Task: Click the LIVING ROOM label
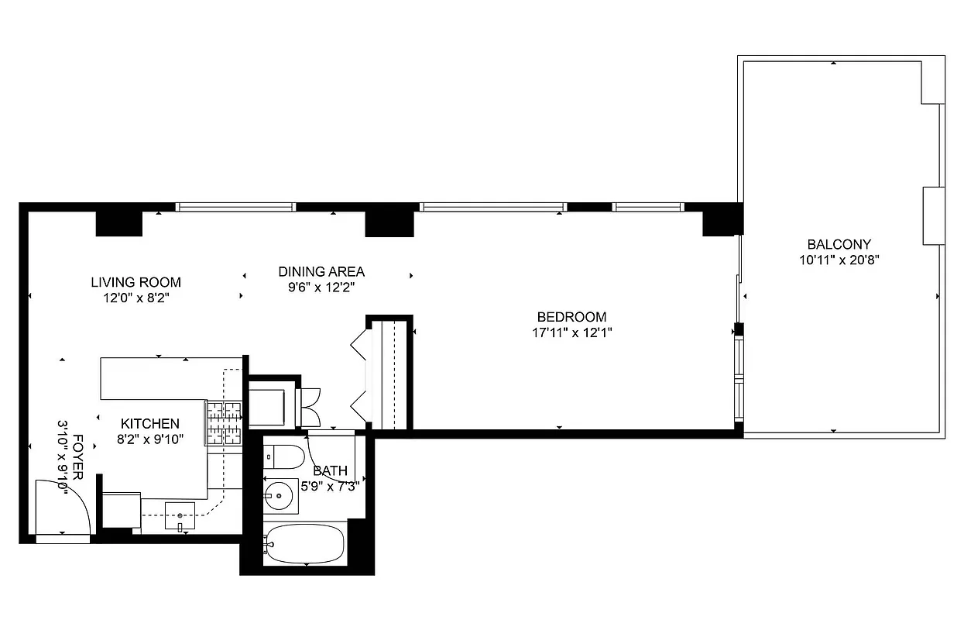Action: tap(136, 282)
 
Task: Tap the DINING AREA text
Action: tap(321, 271)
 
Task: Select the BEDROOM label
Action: tap(571, 317)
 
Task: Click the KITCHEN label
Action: tap(150, 424)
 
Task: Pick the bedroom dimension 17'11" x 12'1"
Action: tap(571, 333)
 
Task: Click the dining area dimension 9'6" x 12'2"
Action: tap(321, 288)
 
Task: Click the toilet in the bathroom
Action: tap(283, 456)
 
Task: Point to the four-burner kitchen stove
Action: tap(225, 423)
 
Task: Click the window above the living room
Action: tap(235, 207)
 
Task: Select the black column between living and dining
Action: tap(389, 223)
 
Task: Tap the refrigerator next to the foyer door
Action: tap(121, 509)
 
